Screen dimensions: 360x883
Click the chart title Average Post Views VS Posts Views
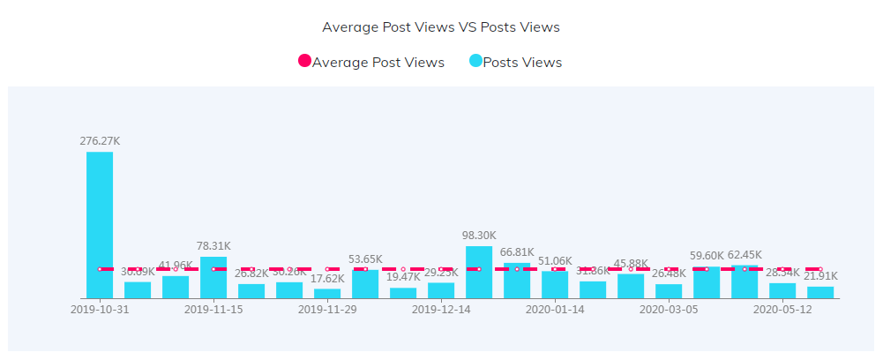(441, 26)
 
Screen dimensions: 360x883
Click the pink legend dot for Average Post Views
(304, 62)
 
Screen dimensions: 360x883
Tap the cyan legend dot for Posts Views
(475, 62)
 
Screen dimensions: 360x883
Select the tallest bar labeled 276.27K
(100, 225)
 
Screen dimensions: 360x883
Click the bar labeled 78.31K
(213, 278)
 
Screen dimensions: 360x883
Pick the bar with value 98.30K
(479, 272)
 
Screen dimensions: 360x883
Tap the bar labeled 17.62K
(327, 294)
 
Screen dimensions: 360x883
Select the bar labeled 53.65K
(365, 284)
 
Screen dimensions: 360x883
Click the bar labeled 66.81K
(517, 281)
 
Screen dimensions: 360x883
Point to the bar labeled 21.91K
(820, 292)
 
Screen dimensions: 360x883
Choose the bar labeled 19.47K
(403, 293)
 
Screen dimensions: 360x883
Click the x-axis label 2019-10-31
(100, 310)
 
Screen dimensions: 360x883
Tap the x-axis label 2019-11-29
(327, 310)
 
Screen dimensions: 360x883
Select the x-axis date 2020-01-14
(555, 310)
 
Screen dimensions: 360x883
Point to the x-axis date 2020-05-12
(782, 310)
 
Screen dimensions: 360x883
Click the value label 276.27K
(100, 139)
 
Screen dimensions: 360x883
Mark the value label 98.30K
(479, 236)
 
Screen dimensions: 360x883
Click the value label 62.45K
(745, 255)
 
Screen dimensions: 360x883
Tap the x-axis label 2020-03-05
(669, 310)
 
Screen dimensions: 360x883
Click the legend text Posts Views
(522, 62)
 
